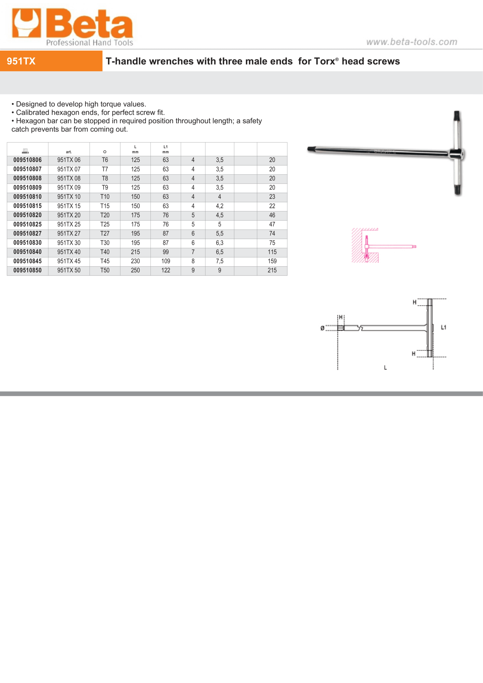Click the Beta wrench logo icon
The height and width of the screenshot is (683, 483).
tap(26, 23)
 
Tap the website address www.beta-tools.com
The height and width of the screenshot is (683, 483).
tap(412, 42)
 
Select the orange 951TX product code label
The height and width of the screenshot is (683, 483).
tap(21, 61)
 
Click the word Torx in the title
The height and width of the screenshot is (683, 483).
tap(324, 61)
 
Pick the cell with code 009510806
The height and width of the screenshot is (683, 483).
tap(27, 160)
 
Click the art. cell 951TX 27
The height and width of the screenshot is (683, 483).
tap(69, 233)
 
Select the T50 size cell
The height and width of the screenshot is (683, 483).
tap(105, 271)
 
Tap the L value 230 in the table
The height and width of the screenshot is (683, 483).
tap(135, 261)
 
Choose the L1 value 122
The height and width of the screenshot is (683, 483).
tap(166, 271)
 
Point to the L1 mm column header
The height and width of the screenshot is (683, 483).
tap(166, 149)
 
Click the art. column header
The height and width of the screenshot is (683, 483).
tap(69, 152)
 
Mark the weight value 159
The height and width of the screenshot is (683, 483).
tap(272, 261)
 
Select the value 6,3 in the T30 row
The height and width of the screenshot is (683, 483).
tap(219, 243)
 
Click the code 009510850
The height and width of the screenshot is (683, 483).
tap(27, 271)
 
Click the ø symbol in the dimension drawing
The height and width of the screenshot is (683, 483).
tap(322, 328)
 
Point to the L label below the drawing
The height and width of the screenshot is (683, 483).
tap(385, 368)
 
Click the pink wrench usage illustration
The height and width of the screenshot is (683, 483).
tap(384, 246)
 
